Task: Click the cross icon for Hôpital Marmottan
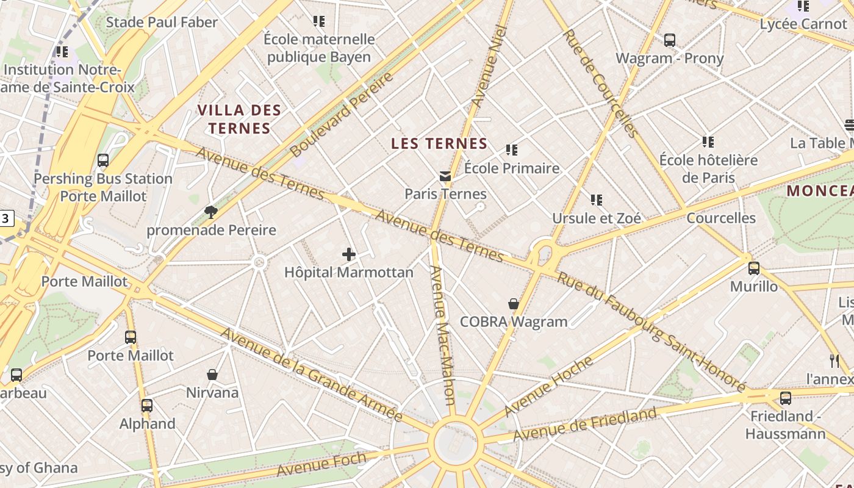coord(349,254)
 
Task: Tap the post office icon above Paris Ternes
coord(445,176)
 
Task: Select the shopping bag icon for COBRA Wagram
coord(514,304)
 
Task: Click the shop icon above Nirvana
coord(212,375)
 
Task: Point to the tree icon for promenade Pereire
coord(211,212)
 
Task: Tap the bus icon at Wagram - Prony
coord(670,41)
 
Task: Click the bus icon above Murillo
coord(754,268)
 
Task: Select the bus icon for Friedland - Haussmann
coord(786,398)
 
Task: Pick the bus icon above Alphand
coord(147,406)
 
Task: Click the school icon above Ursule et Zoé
coord(597,200)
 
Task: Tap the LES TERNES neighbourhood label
coord(439,144)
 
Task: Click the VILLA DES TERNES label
coord(239,120)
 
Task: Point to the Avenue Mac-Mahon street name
coord(443,335)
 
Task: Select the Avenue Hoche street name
coord(549,386)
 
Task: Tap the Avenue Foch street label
coord(321,465)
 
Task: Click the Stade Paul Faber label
coord(162,23)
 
